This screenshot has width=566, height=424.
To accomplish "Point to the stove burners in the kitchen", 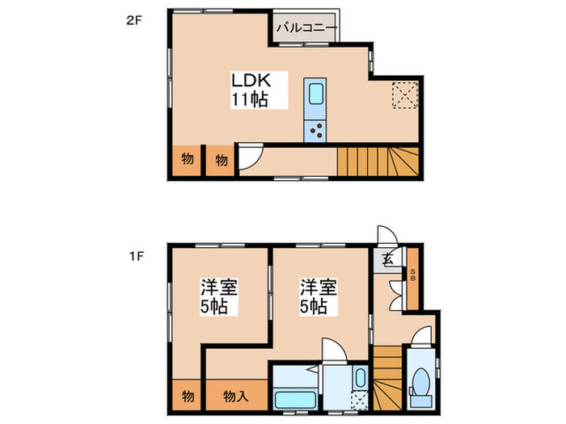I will tap(315, 130).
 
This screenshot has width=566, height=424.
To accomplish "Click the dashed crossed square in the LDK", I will tap(402, 94).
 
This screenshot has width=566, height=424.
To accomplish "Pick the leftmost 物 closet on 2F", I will tap(188, 159).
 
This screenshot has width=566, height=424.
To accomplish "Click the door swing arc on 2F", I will tap(247, 156).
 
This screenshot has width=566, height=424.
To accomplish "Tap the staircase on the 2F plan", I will tap(376, 162).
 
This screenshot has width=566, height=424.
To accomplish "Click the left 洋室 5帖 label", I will tap(218, 296).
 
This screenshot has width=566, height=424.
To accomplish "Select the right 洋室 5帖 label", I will tap(319, 296).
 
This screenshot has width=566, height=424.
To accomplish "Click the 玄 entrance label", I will tap(387, 259).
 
